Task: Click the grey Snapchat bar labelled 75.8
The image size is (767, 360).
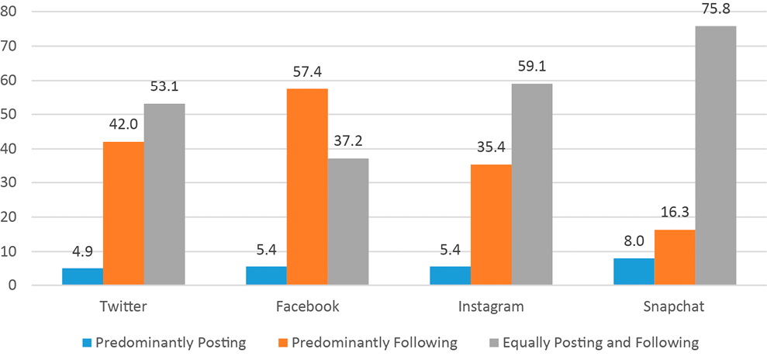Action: point(715,155)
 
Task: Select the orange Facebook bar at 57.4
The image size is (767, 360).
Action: point(308,187)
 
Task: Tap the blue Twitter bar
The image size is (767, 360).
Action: point(83,277)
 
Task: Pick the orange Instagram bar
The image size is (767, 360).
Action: point(491,225)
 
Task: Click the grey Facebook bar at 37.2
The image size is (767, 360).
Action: point(348,222)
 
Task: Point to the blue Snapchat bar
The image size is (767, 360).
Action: point(634,272)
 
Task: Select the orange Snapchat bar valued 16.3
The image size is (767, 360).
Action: point(674,258)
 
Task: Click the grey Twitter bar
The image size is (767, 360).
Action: point(164,194)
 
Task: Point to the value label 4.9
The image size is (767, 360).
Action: point(83,253)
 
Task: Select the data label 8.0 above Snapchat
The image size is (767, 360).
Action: point(634,242)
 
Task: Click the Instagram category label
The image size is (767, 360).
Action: point(491,306)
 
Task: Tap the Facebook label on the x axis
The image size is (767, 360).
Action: point(308,306)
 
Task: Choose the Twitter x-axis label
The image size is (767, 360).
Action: point(124,306)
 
